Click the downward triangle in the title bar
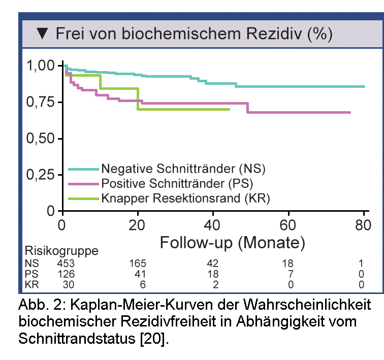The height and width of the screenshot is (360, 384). coord(43,35)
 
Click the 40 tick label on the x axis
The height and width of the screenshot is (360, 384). coord(213,224)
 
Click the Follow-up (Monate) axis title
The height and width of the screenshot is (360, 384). coord(232,242)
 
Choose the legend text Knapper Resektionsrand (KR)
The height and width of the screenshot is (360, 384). coord(185,198)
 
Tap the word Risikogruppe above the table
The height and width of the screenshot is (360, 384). coord(61,251)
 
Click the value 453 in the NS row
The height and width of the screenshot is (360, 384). coord(67,264)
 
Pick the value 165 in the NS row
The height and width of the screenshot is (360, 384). coord(138,264)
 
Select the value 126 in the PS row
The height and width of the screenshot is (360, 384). coord(67,274)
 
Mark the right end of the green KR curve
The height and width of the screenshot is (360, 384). coord(230,109)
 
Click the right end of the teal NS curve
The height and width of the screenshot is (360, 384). coord(364,87)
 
